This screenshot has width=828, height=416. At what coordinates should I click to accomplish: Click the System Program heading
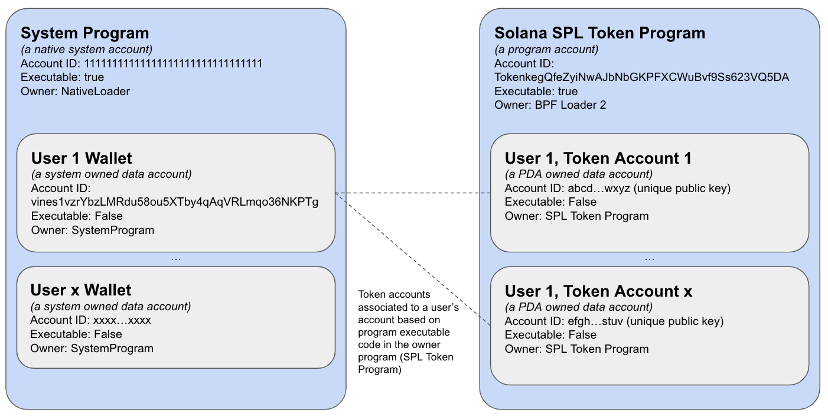coord(84,33)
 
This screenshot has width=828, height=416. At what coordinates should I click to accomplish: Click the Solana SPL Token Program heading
coord(599,33)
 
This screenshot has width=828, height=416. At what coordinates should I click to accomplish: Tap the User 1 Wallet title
coord(82,158)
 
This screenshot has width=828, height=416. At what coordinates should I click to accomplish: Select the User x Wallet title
coord(81,290)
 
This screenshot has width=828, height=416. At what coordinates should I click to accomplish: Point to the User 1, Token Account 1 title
coord(598,158)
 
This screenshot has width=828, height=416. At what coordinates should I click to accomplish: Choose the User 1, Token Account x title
coord(598,291)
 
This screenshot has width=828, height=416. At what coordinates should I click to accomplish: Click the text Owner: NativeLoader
coord(75,91)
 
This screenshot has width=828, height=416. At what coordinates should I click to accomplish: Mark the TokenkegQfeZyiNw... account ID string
coord(641,77)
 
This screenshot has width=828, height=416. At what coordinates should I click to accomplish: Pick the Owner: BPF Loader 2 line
coord(550,105)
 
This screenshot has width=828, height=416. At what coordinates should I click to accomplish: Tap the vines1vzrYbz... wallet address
coord(174,202)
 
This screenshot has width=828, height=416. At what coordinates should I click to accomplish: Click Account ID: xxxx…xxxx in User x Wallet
coord(91,320)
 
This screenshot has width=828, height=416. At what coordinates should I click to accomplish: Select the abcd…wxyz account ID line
coord(617,188)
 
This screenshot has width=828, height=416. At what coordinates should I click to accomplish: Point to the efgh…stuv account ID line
coord(614,321)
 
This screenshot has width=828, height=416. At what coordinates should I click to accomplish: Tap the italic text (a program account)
coord(546,50)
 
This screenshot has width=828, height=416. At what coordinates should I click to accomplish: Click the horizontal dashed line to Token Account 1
coord(413,193)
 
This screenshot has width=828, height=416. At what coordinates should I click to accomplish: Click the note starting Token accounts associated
coord(406,331)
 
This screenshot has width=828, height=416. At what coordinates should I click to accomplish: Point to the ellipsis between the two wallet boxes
coord(175,259)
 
